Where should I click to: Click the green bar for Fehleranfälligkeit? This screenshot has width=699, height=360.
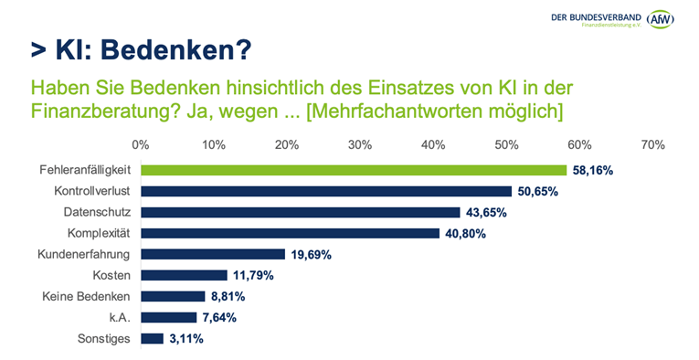(x=354, y=170)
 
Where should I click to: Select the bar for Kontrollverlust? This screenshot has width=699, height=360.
(x=326, y=191)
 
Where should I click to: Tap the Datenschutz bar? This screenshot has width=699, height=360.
(x=301, y=212)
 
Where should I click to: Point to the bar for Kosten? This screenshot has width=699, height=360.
(x=184, y=275)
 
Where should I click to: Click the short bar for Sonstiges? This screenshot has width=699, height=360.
(x=152, y=338)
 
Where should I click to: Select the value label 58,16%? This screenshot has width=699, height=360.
(x=592, y=170)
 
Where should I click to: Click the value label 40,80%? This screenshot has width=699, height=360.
(x=466, y=233)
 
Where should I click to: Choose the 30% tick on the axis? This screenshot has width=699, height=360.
(x=359, y=144)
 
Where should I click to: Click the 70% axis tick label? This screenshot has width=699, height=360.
(x=652, y=144)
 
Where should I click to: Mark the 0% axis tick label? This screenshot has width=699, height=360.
(x=141, y=144)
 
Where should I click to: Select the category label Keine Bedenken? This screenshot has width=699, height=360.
(x=86, y=296)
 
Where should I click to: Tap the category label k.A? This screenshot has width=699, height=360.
(x=117, y=317)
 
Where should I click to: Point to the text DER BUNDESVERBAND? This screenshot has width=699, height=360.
(x=594, y=16)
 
